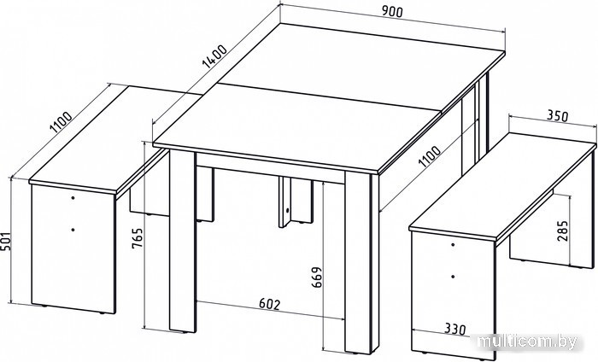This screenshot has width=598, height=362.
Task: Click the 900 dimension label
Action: point(392,12)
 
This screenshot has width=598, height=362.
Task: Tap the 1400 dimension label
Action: point(214,56)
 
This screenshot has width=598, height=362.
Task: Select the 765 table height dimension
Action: point(137,238)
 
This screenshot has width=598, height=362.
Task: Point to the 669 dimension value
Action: point(317,277)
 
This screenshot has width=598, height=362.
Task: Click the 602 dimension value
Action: point(270,304)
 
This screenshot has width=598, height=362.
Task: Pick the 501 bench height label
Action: point(5,242)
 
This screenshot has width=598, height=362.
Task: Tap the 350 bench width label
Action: point(558,115)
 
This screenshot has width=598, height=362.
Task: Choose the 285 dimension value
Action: point(562,231)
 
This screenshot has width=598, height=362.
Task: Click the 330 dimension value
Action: point(455,329)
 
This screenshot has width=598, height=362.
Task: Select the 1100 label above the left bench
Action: point(62,122)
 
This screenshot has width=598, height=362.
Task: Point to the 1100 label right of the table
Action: point(430,156)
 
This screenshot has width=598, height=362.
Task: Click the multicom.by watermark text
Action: point(528,342)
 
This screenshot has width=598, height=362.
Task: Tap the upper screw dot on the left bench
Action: point(73,198)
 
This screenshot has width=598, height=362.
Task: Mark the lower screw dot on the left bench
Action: point(73,230)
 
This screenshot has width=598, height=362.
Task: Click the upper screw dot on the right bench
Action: point(453,244)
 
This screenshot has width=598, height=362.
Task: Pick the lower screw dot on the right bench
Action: point(453,277)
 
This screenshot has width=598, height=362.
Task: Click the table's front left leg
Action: point(182,241)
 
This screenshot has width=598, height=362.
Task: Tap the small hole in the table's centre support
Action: point(288,210)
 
